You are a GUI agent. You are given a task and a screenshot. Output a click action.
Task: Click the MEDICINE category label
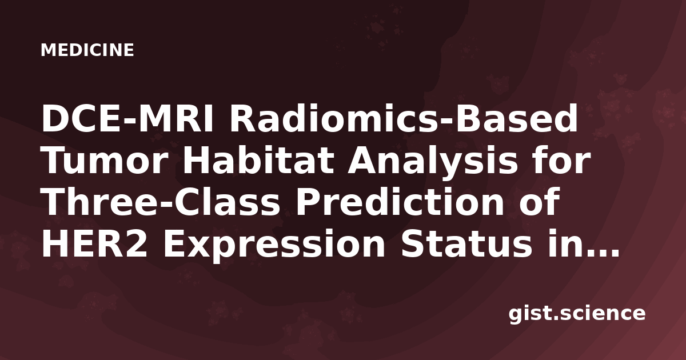(87, 50)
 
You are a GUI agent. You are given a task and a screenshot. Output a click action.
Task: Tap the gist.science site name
(577, 314)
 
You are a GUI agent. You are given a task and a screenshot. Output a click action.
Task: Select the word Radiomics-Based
(404, 118)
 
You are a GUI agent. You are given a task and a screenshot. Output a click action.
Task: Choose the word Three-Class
(161, 201)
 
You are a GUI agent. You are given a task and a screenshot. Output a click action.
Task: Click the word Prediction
(400, 201)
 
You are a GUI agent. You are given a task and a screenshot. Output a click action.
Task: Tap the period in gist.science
(555, 318)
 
